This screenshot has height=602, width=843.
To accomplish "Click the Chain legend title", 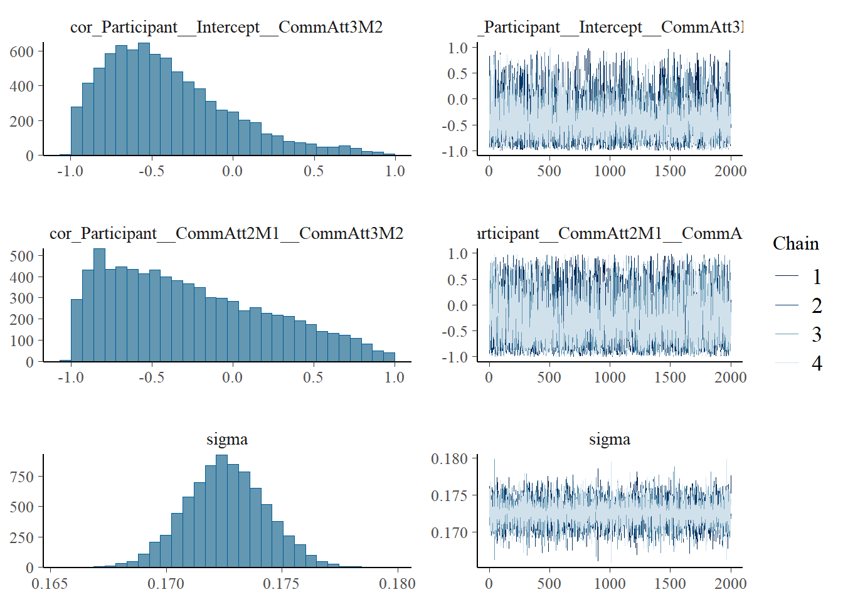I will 795,243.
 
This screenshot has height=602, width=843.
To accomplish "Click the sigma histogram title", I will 227,440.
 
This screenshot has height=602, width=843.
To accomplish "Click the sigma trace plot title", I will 609,440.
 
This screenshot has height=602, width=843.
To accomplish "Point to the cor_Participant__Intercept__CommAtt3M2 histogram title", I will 226,27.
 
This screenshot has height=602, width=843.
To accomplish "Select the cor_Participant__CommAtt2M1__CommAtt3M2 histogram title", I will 226,233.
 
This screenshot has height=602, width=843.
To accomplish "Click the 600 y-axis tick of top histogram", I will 22,51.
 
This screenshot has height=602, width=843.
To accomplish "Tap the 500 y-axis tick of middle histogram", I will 22,256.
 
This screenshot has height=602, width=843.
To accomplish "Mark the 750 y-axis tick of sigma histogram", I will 22,477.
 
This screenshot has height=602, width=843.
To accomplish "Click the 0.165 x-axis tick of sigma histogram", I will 50,584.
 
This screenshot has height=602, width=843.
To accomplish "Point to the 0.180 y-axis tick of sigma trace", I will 450,459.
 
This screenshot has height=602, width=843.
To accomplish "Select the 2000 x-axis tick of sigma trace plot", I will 730,584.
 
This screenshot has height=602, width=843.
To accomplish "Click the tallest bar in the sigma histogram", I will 221,511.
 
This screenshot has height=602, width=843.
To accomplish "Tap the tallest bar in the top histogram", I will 144,99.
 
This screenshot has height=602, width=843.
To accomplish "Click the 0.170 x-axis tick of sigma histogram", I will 166,584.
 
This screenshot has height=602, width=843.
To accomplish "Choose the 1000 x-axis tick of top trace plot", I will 609,171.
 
